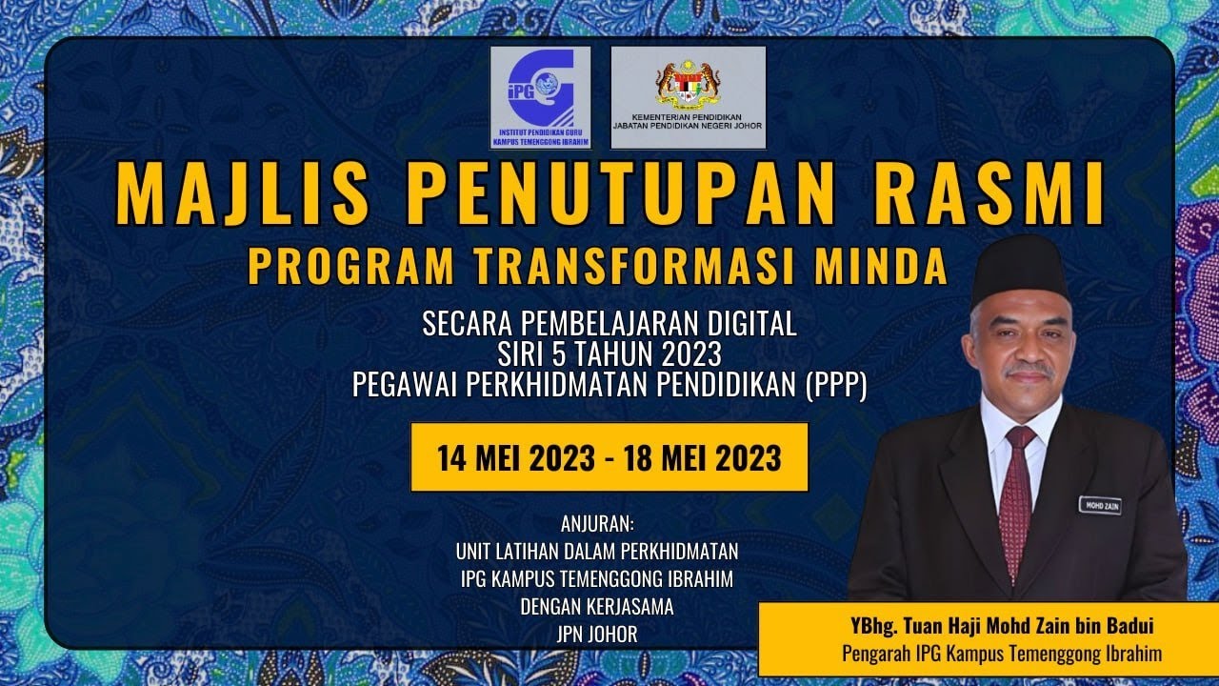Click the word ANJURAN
pos(597,525)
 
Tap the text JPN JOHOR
pos(597,634)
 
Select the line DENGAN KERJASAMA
pos(597,606)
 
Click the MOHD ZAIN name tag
pos(1100,505)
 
